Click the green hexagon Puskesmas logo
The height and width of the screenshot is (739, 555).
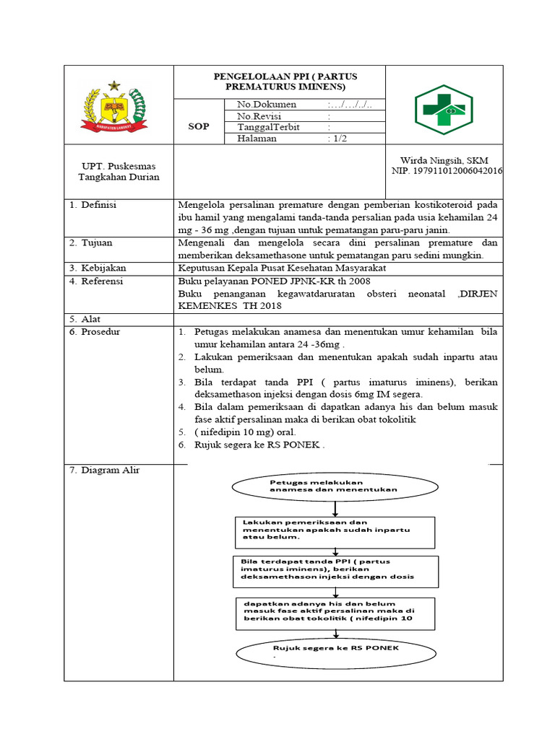[444, 110]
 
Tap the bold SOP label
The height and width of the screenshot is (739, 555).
[198, 126]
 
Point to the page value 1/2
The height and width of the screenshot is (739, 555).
[337, 139]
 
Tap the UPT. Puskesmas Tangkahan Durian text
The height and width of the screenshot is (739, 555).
[118, 172]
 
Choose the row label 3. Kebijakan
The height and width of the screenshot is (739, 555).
[97, 268]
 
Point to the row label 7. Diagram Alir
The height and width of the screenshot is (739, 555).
[105, 471]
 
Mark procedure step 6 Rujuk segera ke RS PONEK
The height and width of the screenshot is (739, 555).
[259, 445]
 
